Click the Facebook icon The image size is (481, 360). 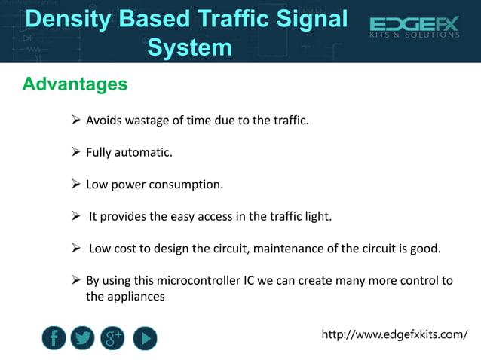54,338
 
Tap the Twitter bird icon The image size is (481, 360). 83,338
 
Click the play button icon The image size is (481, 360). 145,338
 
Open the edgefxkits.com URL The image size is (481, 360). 394,334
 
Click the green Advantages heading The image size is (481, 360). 75,84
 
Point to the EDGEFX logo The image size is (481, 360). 414,27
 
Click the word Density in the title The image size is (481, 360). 67,20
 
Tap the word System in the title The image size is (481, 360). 189,47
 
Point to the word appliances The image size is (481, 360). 135,297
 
